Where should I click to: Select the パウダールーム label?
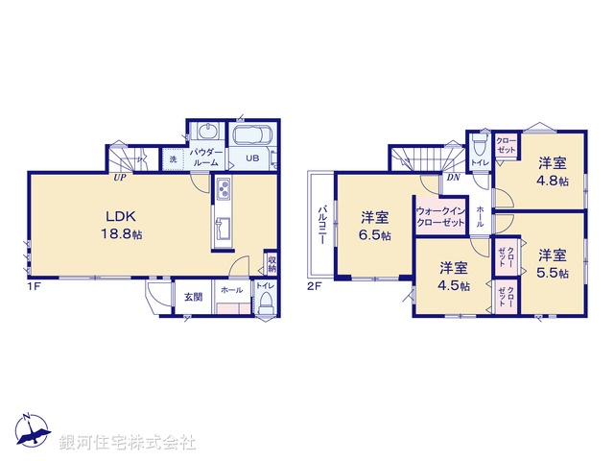tap(206, 158)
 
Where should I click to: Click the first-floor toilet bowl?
tap(267, 304)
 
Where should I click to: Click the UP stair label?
tap(121, 177)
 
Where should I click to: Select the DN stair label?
tap(454, 177)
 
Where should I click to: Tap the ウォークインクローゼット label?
tap(440, 217)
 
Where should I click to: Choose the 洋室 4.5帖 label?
tap(455, 277)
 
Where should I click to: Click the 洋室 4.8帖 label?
tap(552, 171)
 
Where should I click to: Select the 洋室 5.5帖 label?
tap(552, 263)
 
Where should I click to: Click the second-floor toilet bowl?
tap(480, 144)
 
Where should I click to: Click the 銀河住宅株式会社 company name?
tap(127, 443)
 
